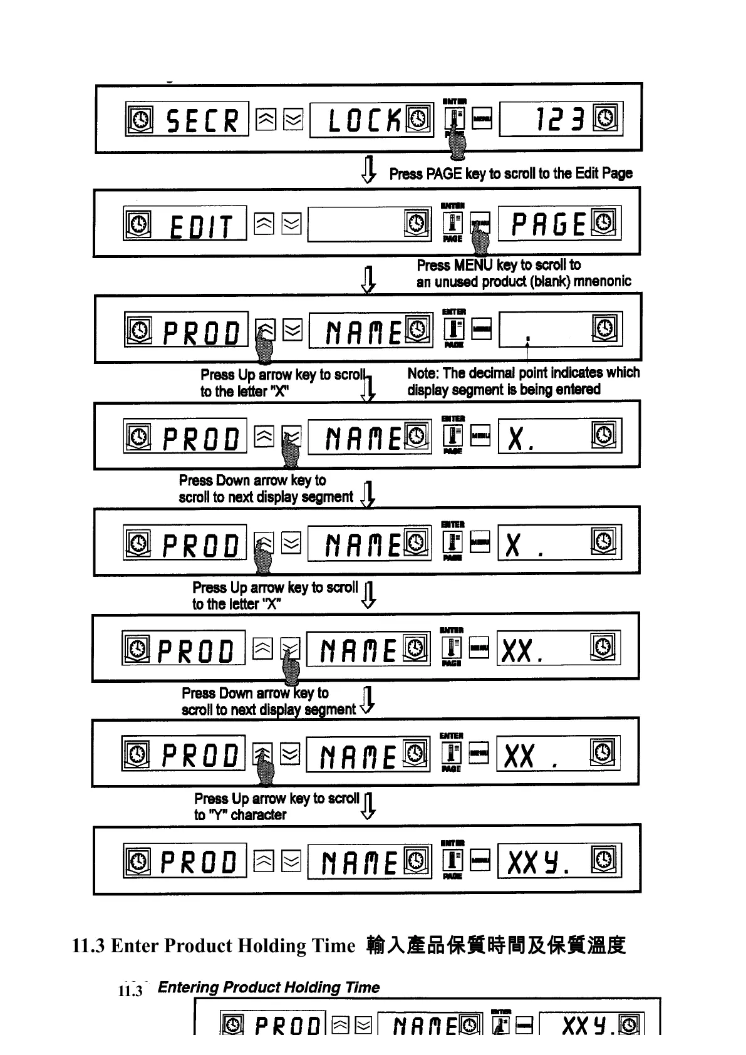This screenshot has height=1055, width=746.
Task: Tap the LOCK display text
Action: (365, 120)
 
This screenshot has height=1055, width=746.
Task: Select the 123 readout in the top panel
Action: (559, 119)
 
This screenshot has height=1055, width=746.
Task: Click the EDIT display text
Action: (200, 226)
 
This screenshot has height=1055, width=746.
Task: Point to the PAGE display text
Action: (548, 224)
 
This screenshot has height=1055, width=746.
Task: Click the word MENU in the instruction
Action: (474, 266)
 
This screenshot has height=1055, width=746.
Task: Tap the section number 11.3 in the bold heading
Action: (88, 945)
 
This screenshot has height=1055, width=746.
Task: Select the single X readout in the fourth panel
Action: (515, 439)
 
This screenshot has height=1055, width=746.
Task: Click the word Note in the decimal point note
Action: (423, 373)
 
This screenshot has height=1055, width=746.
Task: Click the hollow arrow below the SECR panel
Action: (369, 169)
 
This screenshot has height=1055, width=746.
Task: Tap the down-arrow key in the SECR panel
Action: (293, 119)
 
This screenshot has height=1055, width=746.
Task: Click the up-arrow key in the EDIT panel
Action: (264, 224)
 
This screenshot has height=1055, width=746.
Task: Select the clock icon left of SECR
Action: (141, 119)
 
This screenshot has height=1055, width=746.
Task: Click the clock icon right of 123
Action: (607, 118)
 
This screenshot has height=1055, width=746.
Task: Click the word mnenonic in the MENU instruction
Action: (602, 282)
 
